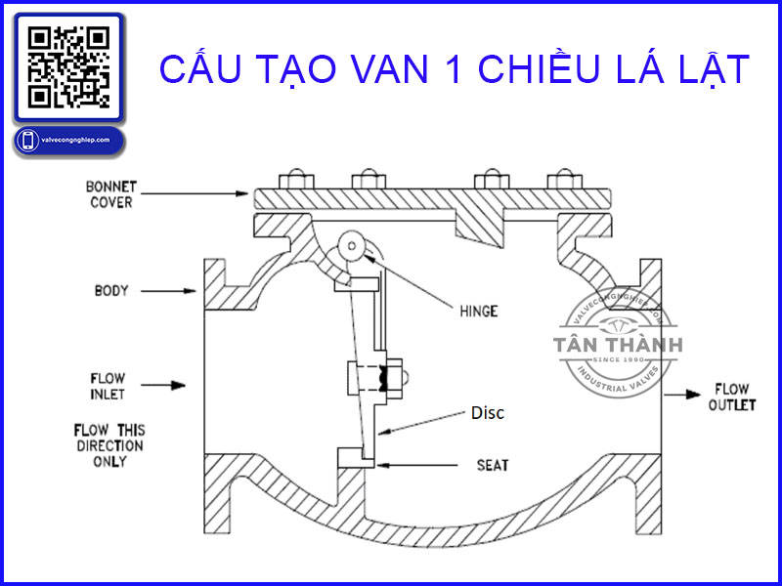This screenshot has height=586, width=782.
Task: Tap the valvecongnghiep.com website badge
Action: tap(68, 141)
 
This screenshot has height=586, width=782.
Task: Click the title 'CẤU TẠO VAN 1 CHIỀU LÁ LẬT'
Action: tap(455, 69)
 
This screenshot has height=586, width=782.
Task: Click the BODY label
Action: tap(112, 290)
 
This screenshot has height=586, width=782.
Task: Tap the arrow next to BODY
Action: tap(176, 290)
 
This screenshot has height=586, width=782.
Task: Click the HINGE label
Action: tap(478, 312)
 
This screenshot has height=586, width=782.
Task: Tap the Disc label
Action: tap(487, 413)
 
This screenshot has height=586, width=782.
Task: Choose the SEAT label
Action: tap(492, 465)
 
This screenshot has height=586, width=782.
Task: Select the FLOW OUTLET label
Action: tap(732, 396)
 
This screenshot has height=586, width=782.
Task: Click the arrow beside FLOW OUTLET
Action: tap(680, 396)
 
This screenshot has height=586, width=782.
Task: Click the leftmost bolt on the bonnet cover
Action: tap(290, 180)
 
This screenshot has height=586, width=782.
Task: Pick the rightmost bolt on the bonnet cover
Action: tap(560, 180)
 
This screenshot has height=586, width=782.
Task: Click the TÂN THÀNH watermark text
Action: tap(617, 345)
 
